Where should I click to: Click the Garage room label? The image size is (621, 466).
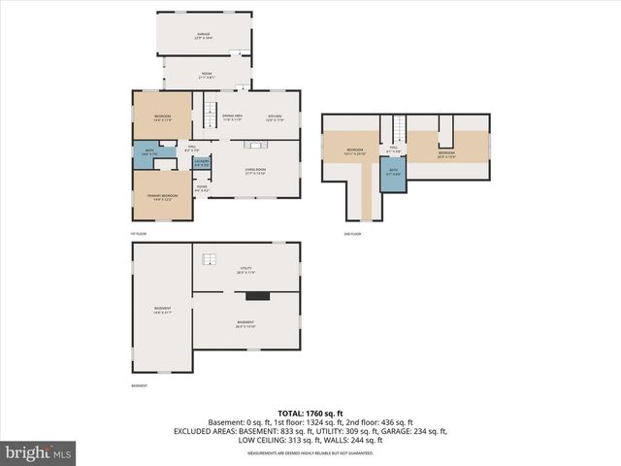[204, 35]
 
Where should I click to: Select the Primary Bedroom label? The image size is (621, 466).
[163, 197]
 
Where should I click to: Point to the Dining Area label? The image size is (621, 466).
[233, 117]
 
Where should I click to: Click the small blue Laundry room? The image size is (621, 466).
[201, 164]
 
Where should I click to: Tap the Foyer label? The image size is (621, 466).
[202, 190]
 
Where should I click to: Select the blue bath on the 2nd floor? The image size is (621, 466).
[393, 176]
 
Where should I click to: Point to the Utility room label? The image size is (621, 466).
[245, 271]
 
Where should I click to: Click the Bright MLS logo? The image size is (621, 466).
[39, 452]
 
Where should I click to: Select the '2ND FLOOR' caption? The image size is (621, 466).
[351, 234]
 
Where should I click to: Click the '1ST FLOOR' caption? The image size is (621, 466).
[139, 234]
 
